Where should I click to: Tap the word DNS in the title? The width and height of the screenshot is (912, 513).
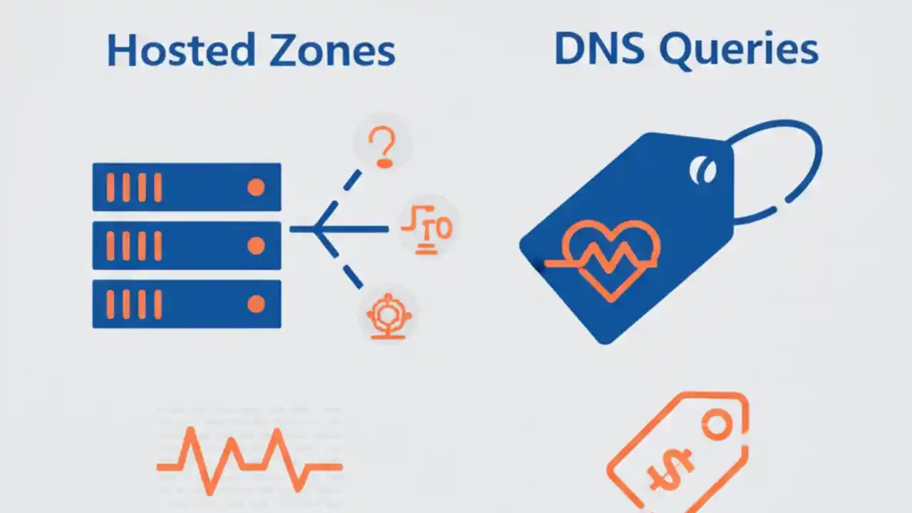(x=600, y=49)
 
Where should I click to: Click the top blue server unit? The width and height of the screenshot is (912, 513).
(x=187, y=187)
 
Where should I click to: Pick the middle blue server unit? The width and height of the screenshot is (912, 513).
(x=187, y=246)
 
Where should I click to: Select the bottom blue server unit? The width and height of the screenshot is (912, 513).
(x=187, y=304)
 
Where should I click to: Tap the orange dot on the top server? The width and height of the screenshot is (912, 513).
(x=256, y=187)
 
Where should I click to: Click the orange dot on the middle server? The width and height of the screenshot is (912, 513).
(x=256, y=246)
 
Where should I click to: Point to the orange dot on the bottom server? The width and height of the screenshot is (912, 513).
(x=256, y=304)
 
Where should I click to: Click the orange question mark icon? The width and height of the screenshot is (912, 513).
(x=383, y=147)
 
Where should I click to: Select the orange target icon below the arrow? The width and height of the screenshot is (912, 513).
(x=388, y=315)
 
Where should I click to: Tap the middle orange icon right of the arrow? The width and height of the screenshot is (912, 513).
(x=427, y=229)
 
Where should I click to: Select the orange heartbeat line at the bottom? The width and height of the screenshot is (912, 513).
(x=249, y=460)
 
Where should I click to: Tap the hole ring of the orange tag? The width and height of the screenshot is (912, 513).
(x=717, y=427)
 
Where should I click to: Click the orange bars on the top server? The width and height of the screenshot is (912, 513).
(x=133, y=187)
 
